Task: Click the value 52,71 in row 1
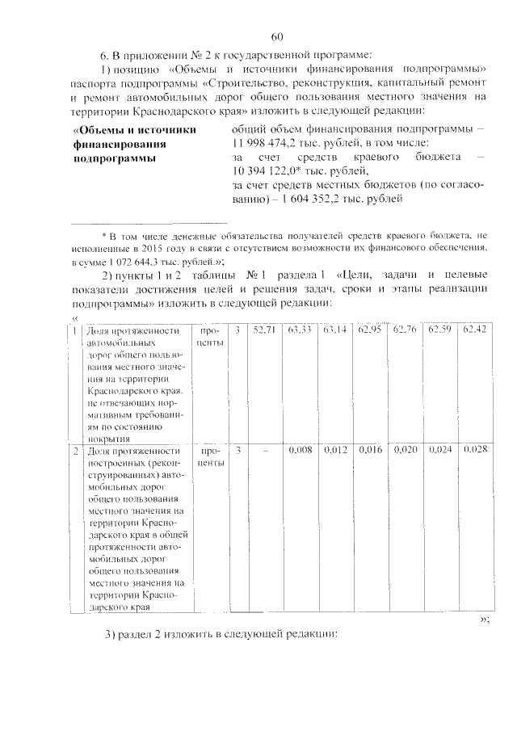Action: pyautogui.click(x=264, y=330)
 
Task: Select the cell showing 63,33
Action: pyautogui.click(x=298, y=330)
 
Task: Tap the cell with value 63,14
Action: pyautogui.click(x=334, y=330)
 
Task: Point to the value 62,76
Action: pyautogui.click(x=405, y=330)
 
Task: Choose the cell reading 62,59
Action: pyautogui.click(x=440, y=330)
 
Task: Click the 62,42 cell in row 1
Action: pyautogui.click(x=475, y=330)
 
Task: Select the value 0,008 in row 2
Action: pyautogui.click(x=299, y=449)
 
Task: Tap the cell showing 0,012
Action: pyautogui.click(x=334, y=449)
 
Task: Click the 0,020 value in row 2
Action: pyautogui.click(x=405, y=449)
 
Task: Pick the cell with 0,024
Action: pyautogui.click(x=440, y=449)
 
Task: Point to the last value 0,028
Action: pyautogui.click(x=475, y=449)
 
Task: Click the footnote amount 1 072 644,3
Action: pyautogui.click(x=136, y=261)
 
